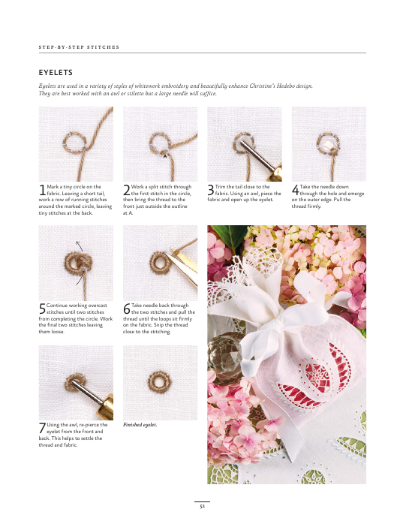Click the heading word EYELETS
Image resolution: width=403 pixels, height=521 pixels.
click(x=56, y=72)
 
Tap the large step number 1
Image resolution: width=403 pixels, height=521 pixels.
click(x=42, y=191)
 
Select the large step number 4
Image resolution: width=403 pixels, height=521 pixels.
click(x=296, y=191)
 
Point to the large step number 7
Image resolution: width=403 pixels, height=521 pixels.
click(x=42, y=428)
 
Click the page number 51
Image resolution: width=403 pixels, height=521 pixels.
click(x=202, y=507)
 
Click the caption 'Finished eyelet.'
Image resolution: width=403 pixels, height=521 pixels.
click(x=140, y=425)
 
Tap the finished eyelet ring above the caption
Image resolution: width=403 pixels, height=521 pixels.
click(x=159, y=375)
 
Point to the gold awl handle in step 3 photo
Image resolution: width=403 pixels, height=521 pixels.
click(x=277, y=173)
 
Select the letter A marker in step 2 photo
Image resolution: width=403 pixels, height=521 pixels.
click(x=165, y=155)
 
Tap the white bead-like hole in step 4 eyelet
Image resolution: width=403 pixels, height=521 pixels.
click(x=329, y=144)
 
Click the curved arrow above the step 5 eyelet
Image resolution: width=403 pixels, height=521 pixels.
click(x=80, y=246)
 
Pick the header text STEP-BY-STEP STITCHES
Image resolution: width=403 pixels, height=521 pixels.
click(x=79, y=47)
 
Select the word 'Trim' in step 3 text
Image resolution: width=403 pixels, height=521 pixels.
click(x=220, y=187)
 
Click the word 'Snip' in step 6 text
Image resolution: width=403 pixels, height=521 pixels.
click(x=158, y=325)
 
